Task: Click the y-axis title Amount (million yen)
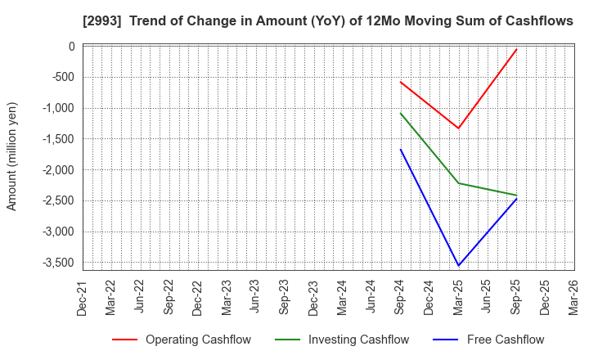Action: tap(12, 156)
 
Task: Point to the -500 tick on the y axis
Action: tap(61, 78)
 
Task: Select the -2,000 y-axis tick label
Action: tap(56, 170)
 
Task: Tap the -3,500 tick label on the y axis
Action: tap(56, 263)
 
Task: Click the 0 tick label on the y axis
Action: tap(72, 47)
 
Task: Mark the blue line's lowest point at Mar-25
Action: tap(458, 265)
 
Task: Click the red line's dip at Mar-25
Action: tap(458, 128)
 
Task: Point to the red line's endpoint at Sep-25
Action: tap(516, 49)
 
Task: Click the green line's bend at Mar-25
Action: tap(458, 183)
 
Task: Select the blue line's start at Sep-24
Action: tap(401, 149)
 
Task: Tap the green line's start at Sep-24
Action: tap(401, 113)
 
